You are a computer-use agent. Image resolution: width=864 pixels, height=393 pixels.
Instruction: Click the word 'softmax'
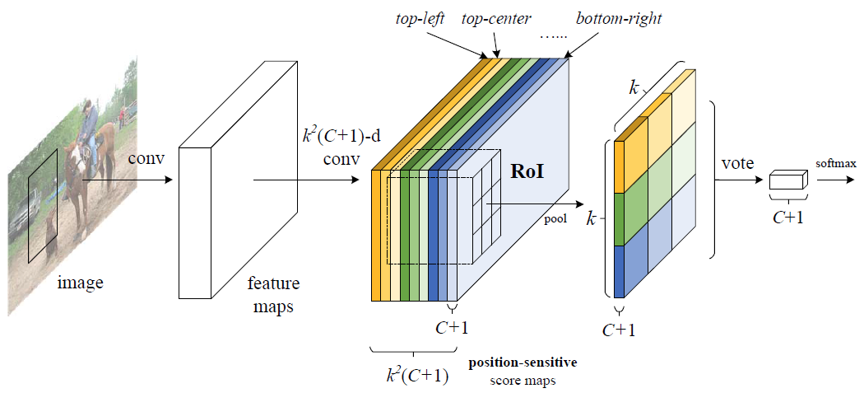click(836, 164)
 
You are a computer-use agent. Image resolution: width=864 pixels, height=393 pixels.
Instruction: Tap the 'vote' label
click(736, 163)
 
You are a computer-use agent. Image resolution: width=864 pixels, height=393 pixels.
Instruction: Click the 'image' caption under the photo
click(81, 283)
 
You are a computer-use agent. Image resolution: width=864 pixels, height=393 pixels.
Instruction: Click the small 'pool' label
click(556, 220)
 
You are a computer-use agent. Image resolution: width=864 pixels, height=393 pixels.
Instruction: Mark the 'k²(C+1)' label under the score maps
click(418, 376)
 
